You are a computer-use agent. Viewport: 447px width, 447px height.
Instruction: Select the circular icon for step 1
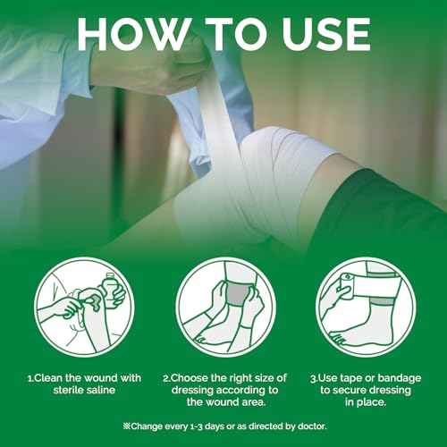click(x=83, y=307)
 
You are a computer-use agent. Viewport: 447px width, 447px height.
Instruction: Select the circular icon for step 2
click(x=223, y=307)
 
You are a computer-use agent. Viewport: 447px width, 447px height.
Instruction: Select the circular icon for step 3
click(x=365, y=307)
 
